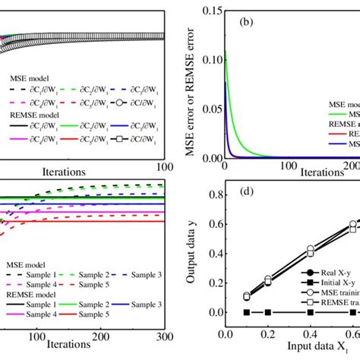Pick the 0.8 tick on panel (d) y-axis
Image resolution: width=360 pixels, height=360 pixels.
click(213, 194)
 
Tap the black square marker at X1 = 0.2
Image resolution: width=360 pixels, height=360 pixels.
click(267, 312)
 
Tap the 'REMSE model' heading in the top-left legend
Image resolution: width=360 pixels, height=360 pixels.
click(33, 115)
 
